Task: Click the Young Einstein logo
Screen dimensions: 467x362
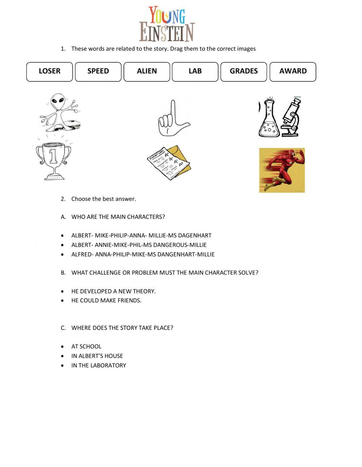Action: click(x=167, y=24)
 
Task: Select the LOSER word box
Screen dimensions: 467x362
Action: click(x=50, y=72)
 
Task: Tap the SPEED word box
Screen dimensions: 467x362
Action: click(x=98, y=72)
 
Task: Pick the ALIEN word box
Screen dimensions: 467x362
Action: click(x=147, y=72)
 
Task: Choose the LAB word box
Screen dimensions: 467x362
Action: click(x=195, y=72)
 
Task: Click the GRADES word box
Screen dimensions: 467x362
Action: click(x=244, y=72)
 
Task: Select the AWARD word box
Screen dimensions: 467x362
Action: click(x=293, y=72)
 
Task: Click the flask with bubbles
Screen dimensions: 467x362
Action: click(x=269, y=119)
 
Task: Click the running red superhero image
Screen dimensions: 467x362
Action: click(x=282, y=170)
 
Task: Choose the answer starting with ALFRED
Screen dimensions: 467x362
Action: click(x=143, y=254)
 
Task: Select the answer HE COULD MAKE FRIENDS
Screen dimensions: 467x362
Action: click(x=106, y=300)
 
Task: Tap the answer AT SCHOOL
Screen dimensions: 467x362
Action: click(x=86, y=346)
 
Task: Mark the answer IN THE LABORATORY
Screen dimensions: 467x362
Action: click(x=98, y=365)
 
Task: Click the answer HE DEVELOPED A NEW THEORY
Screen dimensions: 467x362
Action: click(x=113, y=291)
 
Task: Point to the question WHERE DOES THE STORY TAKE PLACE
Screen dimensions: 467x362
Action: click(x=122, y=328)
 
